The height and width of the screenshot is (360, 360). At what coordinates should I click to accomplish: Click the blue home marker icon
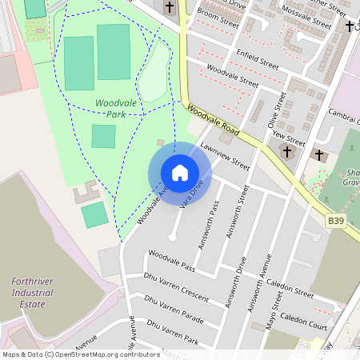click(x=180, y=173)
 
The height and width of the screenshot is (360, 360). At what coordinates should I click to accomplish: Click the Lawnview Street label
click(x=226, y=156)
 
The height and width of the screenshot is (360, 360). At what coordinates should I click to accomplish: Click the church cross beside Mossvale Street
click(x=350, y=26)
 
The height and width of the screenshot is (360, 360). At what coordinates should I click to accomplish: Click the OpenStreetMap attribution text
click(x=80, y=354)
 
